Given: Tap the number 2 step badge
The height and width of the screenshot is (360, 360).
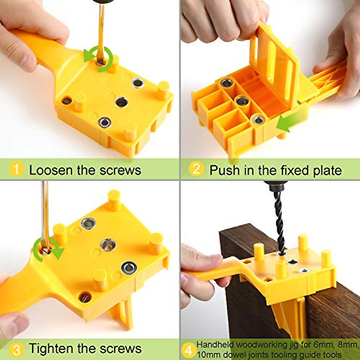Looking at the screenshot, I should [x=196, y=169].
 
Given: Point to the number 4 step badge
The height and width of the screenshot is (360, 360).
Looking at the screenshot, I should [x=188, y=350].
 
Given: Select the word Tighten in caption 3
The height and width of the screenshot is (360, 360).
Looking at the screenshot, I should [x=51, y=349].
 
